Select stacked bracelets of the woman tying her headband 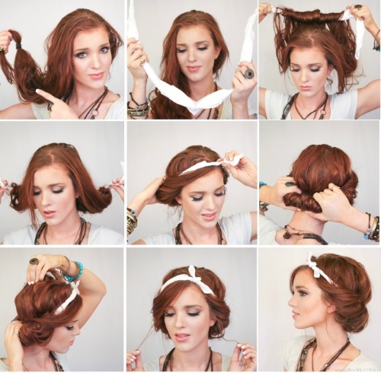(x=132, y=222)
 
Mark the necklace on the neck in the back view (x=293, y=232)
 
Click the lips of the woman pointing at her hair (x=95, y=75)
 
